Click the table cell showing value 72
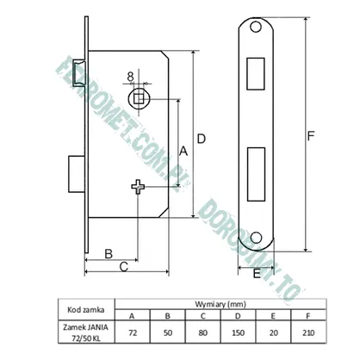point(133,332)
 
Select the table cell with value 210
point(308,332)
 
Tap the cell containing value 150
point(238,332)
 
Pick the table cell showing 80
point(202,332)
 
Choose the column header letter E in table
point(273,316)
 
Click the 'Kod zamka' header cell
point(86,310)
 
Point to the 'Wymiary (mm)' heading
point(220,304)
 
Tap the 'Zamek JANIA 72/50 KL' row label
point(86,332)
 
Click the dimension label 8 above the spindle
point(131,77)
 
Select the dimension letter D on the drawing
point(202,139)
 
